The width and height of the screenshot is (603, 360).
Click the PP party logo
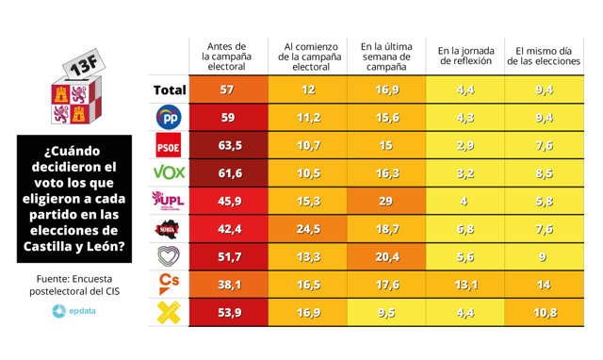[x=168, y=118]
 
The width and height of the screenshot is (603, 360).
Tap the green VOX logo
[x=169, y=172]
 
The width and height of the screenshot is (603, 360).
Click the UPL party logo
[x=168, y=201]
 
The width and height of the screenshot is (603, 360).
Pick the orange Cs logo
[x=168, y=283]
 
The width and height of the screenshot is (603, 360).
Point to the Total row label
[x=168, y=90]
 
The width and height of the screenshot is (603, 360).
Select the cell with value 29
[x=384, y=202]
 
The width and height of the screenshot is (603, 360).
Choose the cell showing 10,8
[x=545, y=311]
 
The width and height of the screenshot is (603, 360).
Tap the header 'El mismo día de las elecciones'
[x=545, y=55]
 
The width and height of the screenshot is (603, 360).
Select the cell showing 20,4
[x=384, y=256]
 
